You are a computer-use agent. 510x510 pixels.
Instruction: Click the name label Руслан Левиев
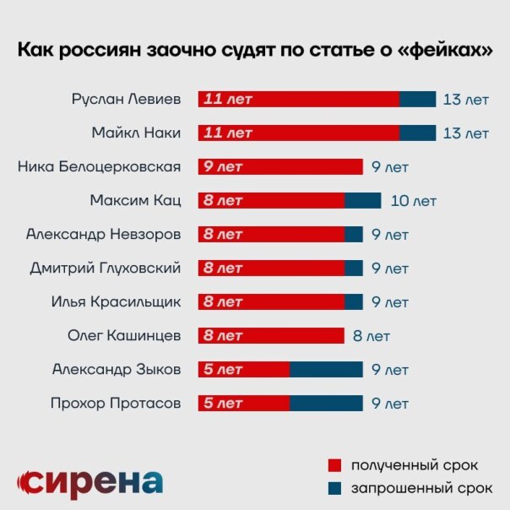[x=127, y=99]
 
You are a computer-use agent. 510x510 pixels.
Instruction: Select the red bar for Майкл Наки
[x=298, y=133]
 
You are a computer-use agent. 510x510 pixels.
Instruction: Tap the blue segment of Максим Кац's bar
[x=362, y=200]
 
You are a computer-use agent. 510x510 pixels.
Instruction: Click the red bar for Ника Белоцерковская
[x=280, y=166]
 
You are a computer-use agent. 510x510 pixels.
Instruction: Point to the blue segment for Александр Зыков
[x=326, y=369]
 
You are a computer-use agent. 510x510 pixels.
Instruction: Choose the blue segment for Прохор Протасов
[x=326, y=403]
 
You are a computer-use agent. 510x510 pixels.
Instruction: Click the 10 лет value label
[x=414, y=201]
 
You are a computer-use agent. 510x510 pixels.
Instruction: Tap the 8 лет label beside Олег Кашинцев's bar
[x=372, y=336]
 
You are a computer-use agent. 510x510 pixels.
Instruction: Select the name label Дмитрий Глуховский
[x=106, y=269]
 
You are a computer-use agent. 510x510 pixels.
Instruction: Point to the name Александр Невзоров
[x=104, y=234]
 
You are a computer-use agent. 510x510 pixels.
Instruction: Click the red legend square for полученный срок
[x=334, y=465]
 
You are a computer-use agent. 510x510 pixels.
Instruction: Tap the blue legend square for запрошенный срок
[x=334, y=487]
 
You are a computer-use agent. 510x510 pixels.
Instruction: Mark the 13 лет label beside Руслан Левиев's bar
[x=466, y=100]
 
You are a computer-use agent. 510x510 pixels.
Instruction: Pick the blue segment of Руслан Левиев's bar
[x=417, y=99]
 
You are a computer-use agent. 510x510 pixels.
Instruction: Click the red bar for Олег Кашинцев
[x=271, y=335]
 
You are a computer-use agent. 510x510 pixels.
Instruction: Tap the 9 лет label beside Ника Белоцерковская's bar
[x=390, y=167]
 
